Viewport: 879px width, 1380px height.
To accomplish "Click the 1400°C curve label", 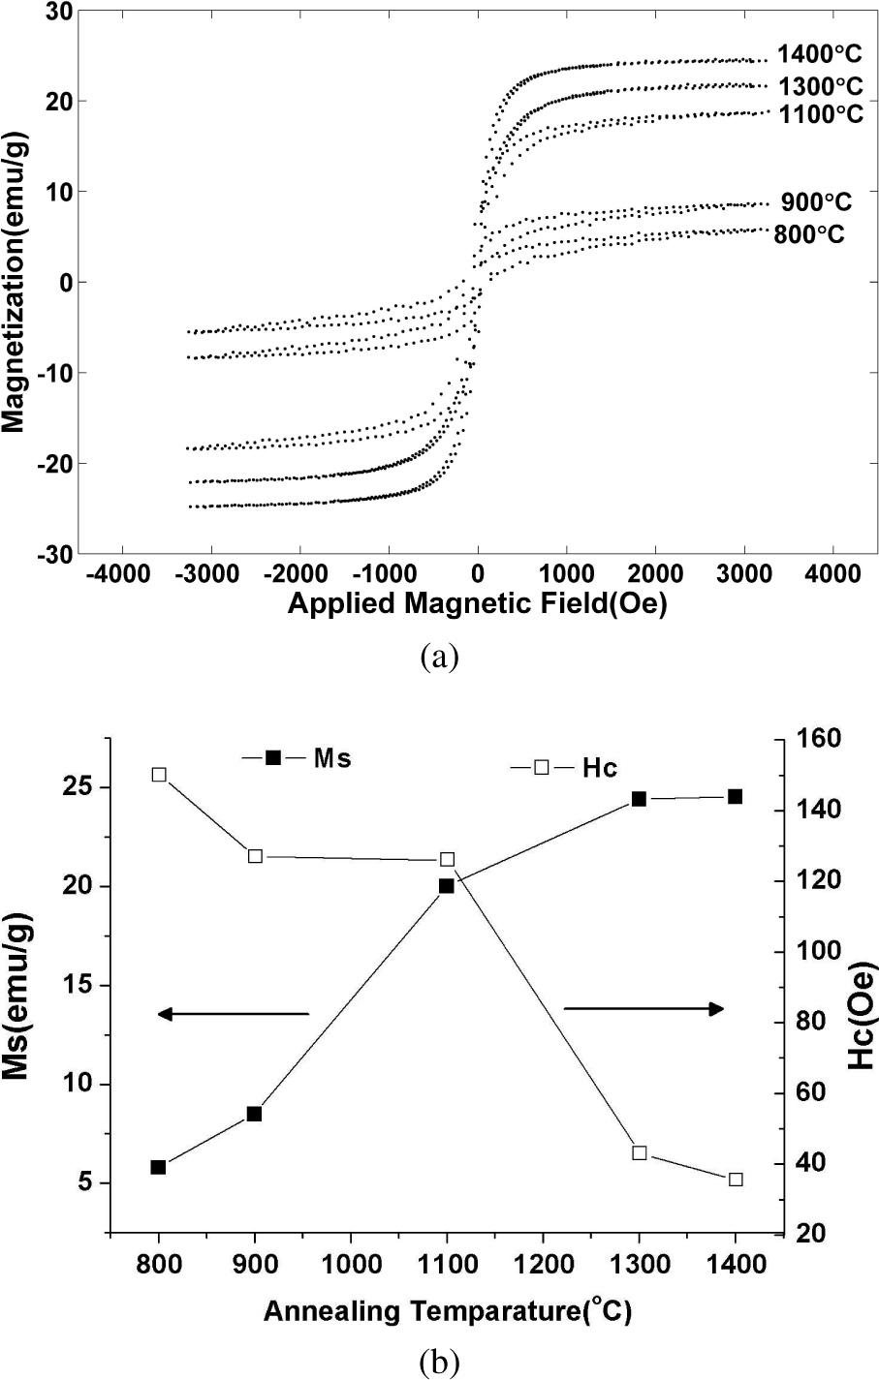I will [x=820, y=54].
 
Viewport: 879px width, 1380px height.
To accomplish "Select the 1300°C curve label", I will [x=820, y=84].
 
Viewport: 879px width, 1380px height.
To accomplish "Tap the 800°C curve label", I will [x=809, y=234].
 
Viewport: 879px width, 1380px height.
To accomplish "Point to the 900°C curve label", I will [x=817, y=202].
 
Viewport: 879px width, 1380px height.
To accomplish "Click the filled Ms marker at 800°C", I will [x=158, y=1167].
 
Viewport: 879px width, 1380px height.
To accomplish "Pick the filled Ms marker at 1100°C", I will [x=447, y=885].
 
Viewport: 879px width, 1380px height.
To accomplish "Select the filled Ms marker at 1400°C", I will [x=736, y=796].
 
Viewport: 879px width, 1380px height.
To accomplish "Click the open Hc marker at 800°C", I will [x=159, y=774].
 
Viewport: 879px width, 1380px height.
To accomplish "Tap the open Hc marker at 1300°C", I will [x=640, y=1152].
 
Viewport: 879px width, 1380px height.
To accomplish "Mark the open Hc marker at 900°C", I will [x=255, y=855].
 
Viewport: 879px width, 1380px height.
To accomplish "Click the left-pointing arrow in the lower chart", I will [x=233, y=1014].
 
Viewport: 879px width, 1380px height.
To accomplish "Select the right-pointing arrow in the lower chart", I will [x=644, y=1009].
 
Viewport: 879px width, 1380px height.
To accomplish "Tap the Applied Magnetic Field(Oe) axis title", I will [x=478, y=603].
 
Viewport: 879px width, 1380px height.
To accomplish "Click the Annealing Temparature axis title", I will [x=448, y=1313].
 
